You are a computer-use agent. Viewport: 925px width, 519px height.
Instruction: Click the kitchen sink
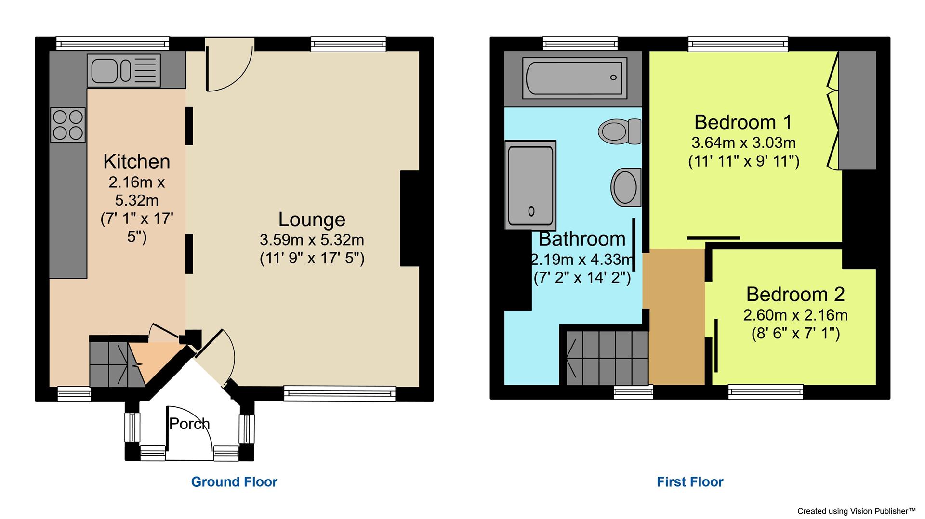click(123, 71)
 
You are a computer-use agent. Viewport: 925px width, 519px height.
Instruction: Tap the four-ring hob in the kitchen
click(68, 125)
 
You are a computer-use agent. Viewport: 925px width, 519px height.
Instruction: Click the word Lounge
click(312, 220)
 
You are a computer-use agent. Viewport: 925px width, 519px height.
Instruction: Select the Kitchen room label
click(136, 161)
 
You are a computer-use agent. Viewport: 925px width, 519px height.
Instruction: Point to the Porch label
click(189, 424)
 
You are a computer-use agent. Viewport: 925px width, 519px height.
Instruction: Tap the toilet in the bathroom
click(619, 130)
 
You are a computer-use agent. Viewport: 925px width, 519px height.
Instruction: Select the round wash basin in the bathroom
click(626, 187)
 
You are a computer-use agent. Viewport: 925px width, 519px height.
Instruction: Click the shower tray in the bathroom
click(530, 185)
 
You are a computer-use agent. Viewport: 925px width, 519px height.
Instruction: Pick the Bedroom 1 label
click(743, 122)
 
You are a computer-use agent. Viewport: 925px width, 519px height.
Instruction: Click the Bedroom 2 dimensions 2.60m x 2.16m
click(795, 315)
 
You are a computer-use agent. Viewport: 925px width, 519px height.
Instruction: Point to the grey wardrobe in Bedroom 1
click(857, 111)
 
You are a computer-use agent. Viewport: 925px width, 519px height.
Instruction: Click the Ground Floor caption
click(234, 482)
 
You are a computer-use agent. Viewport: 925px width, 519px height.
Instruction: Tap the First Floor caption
click(690, 482)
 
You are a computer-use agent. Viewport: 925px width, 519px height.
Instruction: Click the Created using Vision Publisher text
click(863, 511)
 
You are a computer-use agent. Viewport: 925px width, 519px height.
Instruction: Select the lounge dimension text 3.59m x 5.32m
click(312, 240)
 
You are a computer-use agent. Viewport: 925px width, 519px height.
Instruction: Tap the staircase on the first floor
click(607, 358)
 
